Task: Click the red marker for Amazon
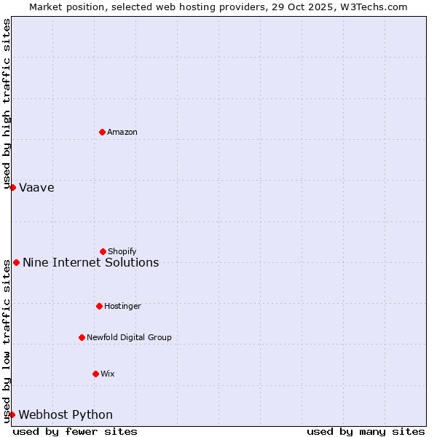tap(102, 132)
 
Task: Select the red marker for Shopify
tap(103, 251)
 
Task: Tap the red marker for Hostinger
tap(99, 306)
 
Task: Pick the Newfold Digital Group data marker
tap(82, 337)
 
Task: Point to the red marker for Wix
tap(95, 374)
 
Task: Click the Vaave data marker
tap(12, 187)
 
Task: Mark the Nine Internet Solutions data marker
tap(16, 262)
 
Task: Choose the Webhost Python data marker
tap(12, 414)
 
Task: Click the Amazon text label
tap(122, 132)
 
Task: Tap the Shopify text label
tap(122, 251)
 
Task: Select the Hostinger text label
tap(122, 306)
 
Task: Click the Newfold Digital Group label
tap(129, 337)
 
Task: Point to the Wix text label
tap(108, 374)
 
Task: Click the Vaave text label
tap(36, 187)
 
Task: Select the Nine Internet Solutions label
tap(90, 262)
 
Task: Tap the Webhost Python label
tap(66, 414)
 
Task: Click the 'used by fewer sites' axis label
tap(75, 431)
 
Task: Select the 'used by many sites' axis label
tap(366, 431)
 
